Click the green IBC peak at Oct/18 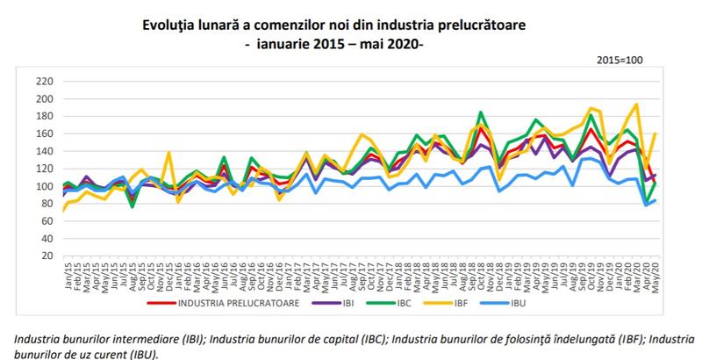tap(482, 112)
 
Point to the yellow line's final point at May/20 tap(655, 133)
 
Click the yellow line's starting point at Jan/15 tap(63, 211)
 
